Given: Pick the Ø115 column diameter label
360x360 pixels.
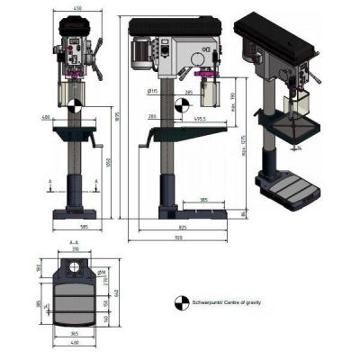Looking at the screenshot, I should click(153, 90).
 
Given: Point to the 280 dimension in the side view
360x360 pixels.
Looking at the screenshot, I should click(154, 117).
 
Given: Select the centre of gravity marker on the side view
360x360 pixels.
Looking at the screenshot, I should click(182, 104).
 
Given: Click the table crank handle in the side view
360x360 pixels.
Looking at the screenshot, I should click(146, 143).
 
